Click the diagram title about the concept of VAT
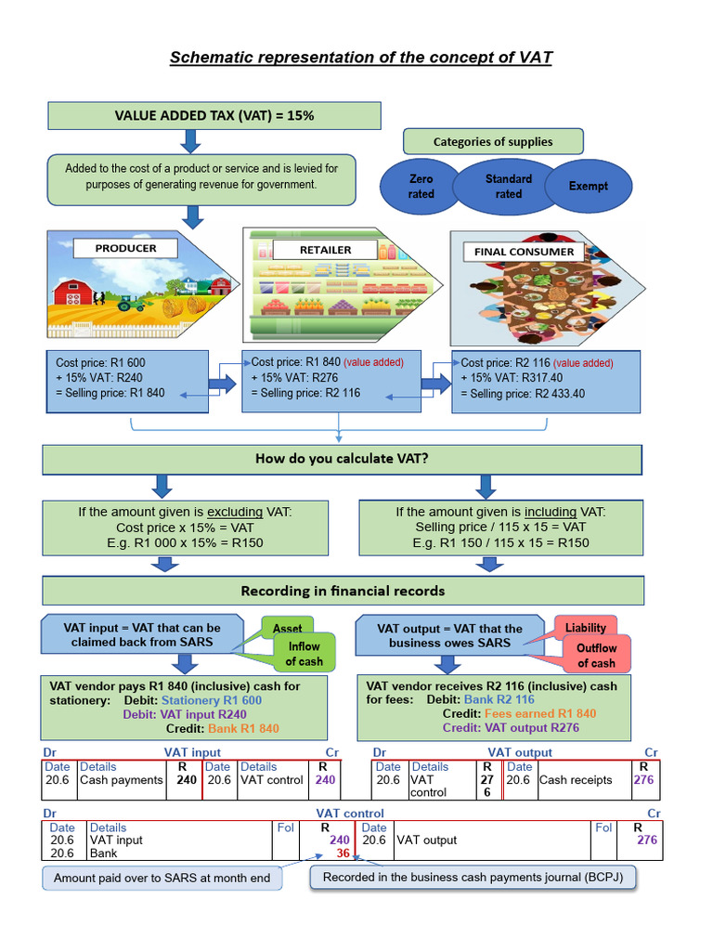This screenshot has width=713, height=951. [360, 58]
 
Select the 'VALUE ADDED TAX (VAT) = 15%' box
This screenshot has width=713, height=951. [214, 116]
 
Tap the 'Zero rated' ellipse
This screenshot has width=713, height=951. [421, 186]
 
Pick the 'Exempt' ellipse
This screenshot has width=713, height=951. [589, 186]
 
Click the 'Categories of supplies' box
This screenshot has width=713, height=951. [493, 142]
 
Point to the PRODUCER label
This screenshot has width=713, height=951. [126, 248]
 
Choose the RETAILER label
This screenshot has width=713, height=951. [325, 250]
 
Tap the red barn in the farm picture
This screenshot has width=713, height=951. [71, 292]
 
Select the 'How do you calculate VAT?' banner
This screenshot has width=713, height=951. [342, 459]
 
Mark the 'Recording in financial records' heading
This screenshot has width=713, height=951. [342, 591]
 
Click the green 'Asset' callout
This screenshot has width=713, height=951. [287, 629]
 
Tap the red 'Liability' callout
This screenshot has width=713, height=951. [585, 628]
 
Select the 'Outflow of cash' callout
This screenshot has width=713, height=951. [596, 655]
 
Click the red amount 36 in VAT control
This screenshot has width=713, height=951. [343, 853]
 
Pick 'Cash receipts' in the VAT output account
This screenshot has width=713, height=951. [576, 780]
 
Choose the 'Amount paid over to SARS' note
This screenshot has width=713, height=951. [162, 878]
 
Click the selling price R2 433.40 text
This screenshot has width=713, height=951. [528, 394]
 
